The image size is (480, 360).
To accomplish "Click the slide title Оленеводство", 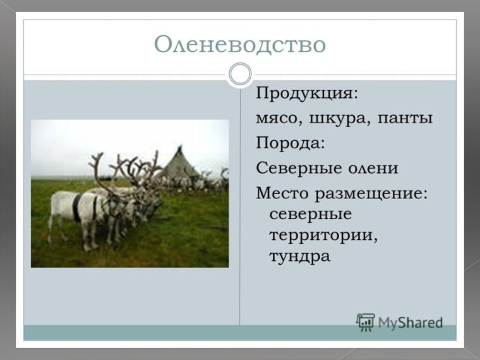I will coord(240,45).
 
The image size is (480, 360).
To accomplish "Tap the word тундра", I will coord(299,258).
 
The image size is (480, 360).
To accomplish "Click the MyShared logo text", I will coord(411,323).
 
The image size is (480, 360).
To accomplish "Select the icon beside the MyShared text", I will coord(365,322).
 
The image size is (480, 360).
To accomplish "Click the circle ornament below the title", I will coord(240,75).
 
